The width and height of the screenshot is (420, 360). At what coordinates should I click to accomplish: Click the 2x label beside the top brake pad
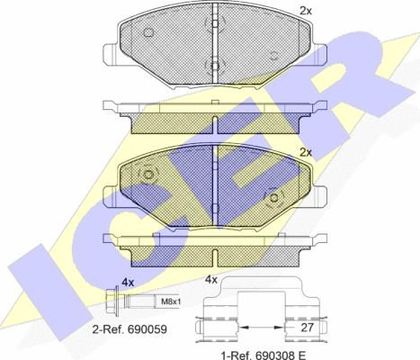306,11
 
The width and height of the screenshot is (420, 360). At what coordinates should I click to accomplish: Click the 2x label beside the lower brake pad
306,153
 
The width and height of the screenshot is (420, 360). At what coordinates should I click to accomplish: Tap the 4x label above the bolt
128,283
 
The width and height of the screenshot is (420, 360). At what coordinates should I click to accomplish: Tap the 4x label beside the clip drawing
211,280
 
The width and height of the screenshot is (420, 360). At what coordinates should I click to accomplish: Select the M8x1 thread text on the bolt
171,301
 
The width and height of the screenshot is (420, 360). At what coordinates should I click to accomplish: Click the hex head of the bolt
112,301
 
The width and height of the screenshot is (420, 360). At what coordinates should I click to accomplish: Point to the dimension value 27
307,328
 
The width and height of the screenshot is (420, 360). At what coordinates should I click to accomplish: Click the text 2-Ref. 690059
130,329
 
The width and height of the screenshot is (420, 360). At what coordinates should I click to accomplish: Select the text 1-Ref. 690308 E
264,355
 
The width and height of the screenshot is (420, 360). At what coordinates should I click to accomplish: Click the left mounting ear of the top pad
110,54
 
